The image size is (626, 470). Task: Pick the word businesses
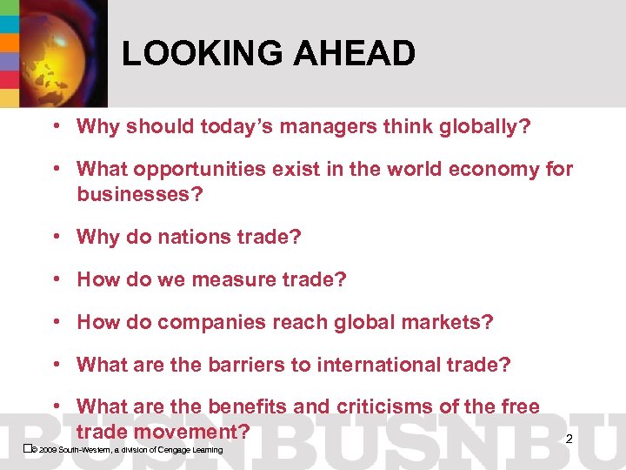[x=139, y=193]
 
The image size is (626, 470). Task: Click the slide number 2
[x=569, y=440]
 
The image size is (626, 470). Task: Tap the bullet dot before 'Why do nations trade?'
[x=55, y=236]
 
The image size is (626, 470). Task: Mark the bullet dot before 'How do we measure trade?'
[x=55, y=279]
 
